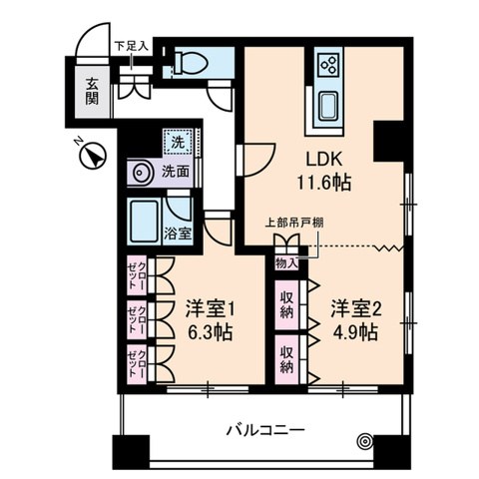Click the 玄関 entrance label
tap(92, 91)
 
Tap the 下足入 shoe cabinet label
tap(131, 45)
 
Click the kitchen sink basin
tap(328, 104)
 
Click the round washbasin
tap(140, 173)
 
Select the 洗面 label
tap(177, 171)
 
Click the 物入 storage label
tap(285, 263)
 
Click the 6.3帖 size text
tap(210, 332)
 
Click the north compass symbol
tap(91, 157)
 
